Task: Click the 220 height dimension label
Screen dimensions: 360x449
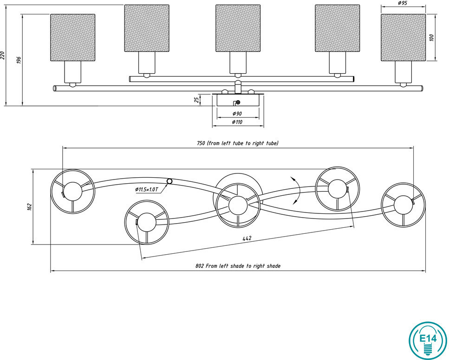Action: point(3,55)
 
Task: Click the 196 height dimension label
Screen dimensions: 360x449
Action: point(19,60)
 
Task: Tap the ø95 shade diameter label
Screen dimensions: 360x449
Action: point(403,4)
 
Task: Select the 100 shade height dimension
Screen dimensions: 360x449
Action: point(431,38)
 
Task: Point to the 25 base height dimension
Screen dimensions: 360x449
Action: point(197,99)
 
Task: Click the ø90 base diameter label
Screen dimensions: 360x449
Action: point(237,114)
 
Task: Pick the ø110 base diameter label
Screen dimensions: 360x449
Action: point(237,122)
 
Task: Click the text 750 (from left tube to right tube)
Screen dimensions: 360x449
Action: point(238,143)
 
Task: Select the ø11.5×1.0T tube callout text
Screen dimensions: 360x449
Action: point(147,189)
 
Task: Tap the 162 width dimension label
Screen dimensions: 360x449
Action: point(29,206)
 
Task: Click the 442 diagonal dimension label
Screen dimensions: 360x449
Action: point(247,238)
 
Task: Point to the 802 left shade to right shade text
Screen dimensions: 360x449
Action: point(238,266)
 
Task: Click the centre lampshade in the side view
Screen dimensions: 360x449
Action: point(238,28)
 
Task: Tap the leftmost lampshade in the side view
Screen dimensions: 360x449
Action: point(72,38)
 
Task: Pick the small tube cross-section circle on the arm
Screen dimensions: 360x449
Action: point(169,181)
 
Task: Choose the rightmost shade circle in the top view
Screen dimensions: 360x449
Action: point(403,204)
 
